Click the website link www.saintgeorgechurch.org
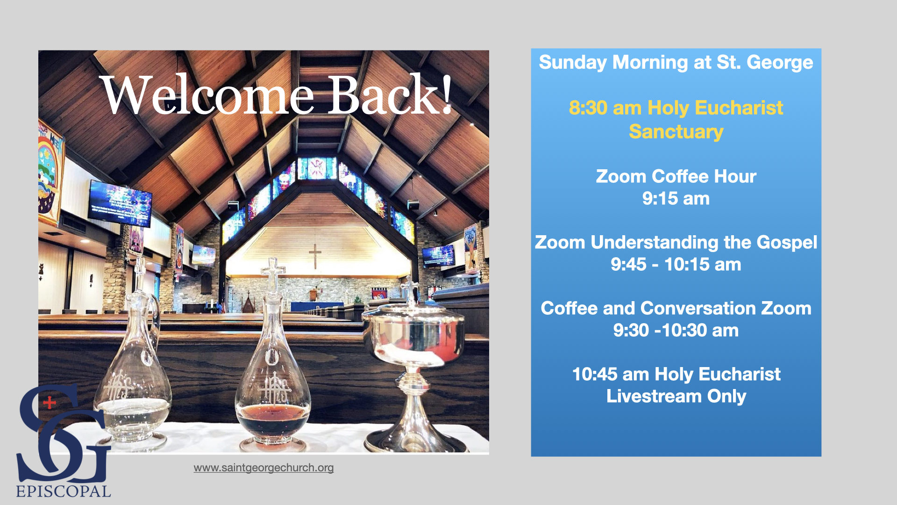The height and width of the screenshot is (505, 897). coord(263,468)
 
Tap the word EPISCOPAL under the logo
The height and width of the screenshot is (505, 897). coord(64,491)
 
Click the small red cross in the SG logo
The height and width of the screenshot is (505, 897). coord(50,402)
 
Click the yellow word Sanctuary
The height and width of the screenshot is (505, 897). coord(676,132)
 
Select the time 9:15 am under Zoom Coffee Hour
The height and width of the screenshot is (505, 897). coord(676,199)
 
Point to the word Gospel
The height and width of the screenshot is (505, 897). coord(787,243)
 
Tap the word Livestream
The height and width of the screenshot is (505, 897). coord(654,397)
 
